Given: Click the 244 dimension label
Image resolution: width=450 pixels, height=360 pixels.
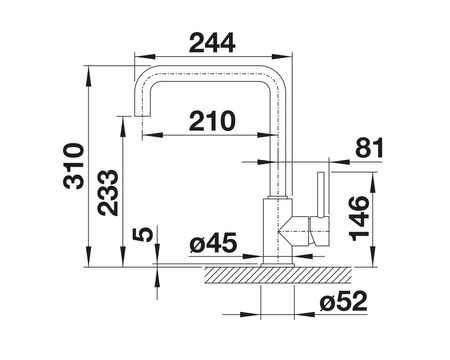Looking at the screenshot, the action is pos(212,43).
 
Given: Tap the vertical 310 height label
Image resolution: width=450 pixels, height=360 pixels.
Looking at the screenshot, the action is pos(73,166).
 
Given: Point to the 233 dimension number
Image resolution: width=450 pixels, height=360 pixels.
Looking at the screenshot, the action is pos(108,193).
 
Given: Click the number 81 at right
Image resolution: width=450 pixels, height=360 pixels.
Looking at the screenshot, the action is pos(369,147).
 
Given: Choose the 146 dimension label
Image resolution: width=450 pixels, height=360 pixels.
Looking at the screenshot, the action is pos(359,219).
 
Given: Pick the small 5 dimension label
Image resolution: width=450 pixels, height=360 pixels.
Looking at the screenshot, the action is pos(143,235).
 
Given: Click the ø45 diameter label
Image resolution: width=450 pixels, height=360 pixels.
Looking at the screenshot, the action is pos(213,243).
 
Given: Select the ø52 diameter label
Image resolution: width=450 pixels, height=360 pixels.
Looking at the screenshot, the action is pos(343,301).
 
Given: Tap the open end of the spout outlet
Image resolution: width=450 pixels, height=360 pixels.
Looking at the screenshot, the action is pos(142,116).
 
